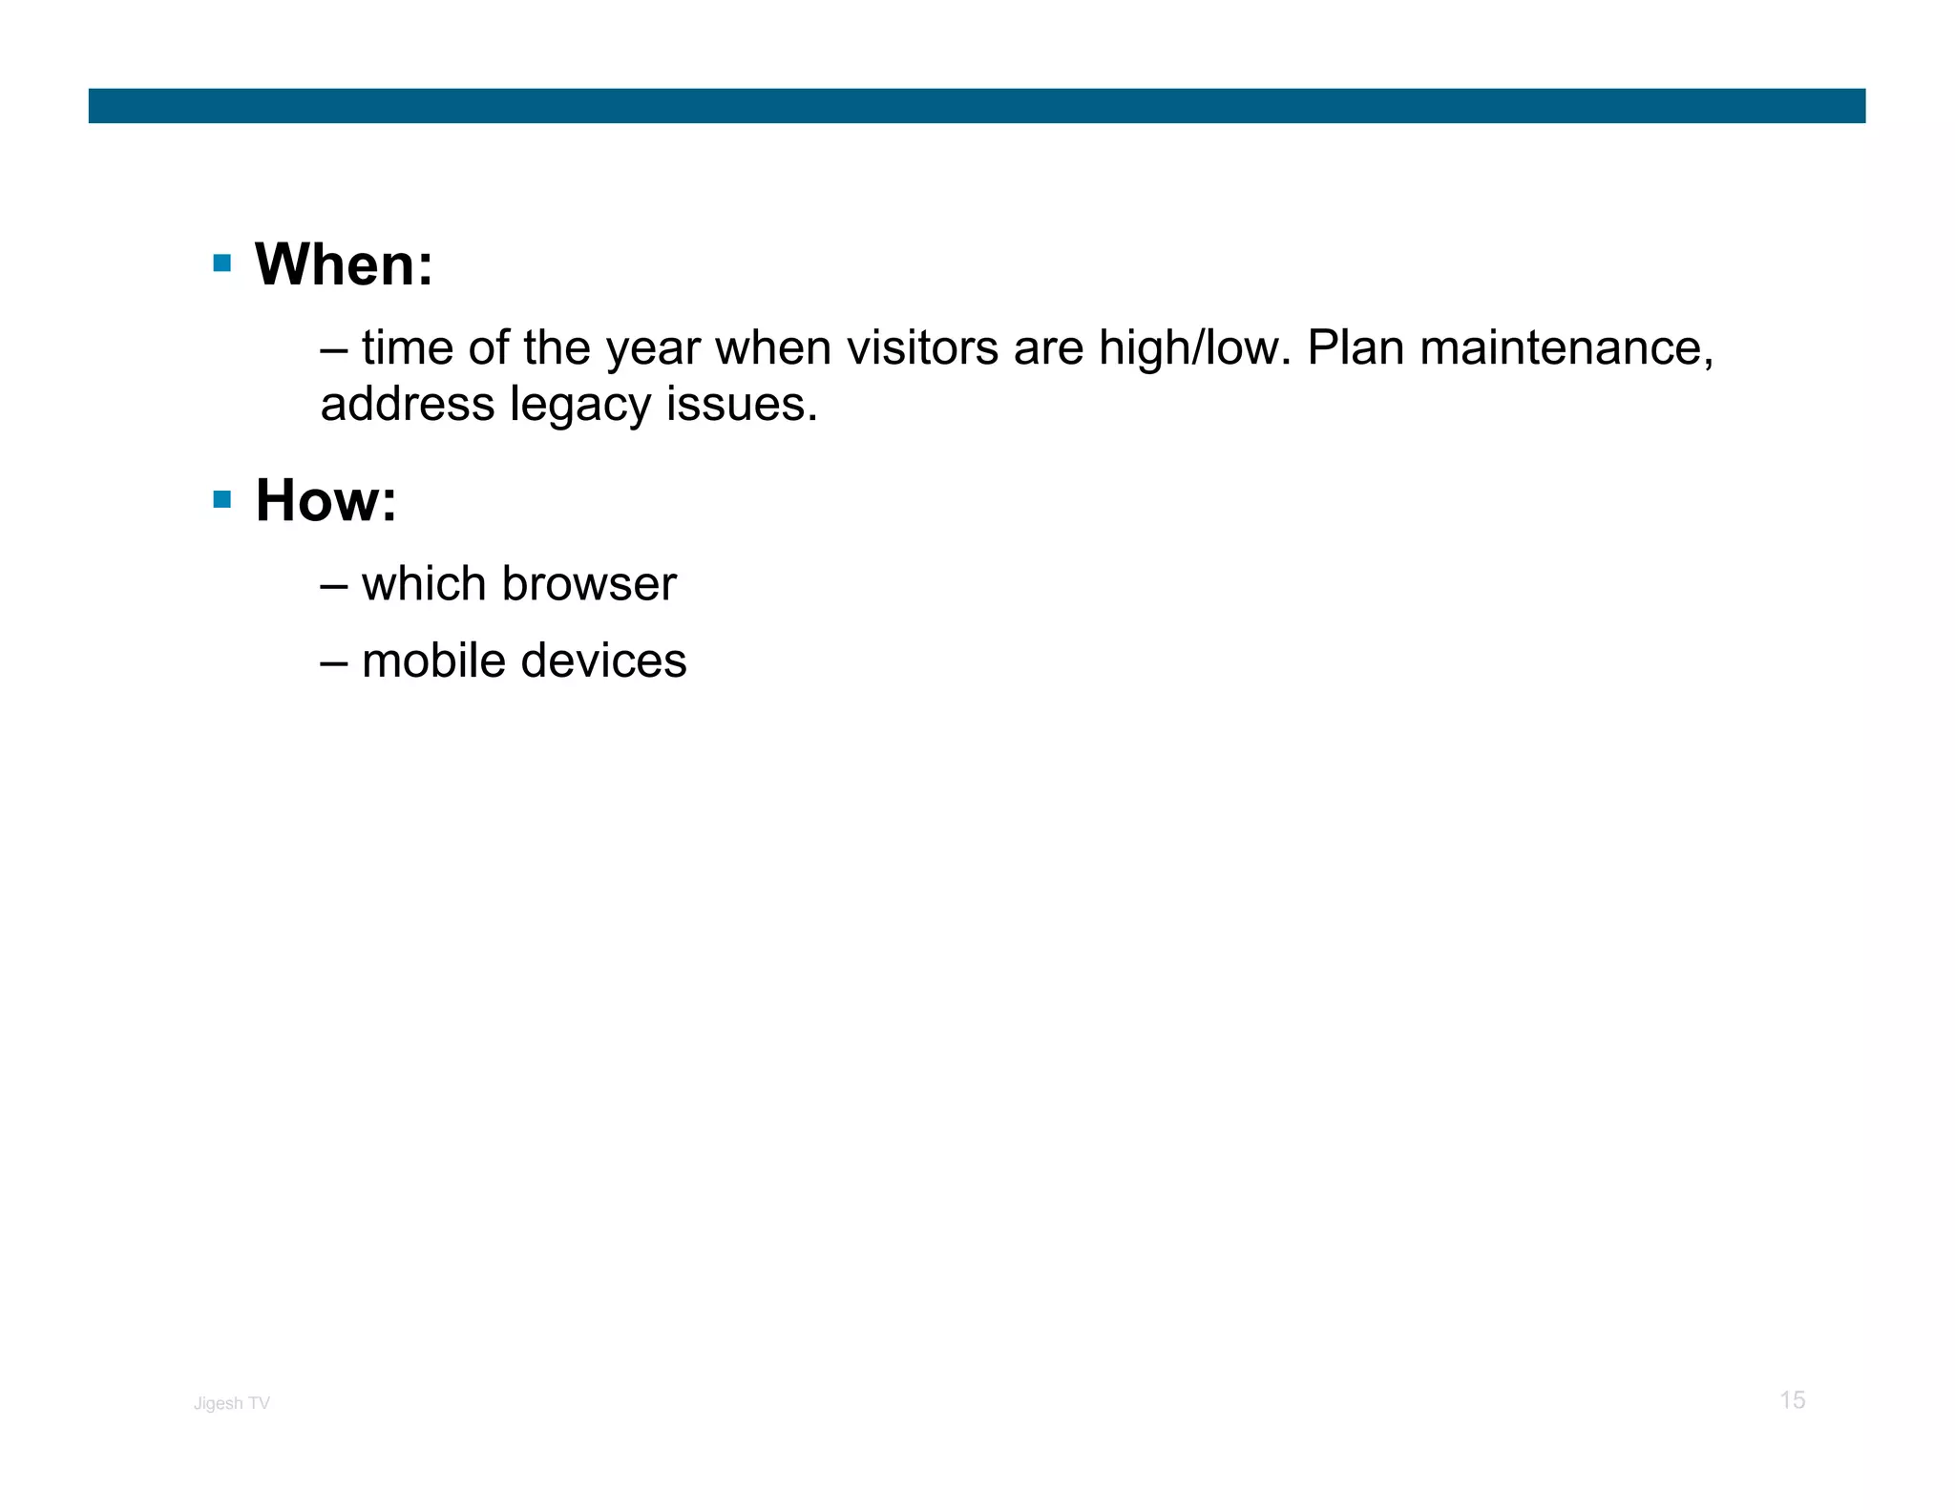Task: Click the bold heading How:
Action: pos(326,500)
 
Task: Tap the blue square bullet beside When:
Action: pos(222,263)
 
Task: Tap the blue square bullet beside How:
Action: pos(222,499)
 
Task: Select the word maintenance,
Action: pos(1566,347)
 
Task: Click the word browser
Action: pos(588,583)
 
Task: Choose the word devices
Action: pos(605,661)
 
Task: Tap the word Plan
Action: pos(1355,347)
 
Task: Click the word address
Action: pos(408,404)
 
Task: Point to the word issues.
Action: pos(742,404)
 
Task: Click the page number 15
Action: pos(1792,1400)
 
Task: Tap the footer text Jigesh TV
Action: pos(232,1403)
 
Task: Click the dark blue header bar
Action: pos(977,106)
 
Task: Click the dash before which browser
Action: pos(333,585)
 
